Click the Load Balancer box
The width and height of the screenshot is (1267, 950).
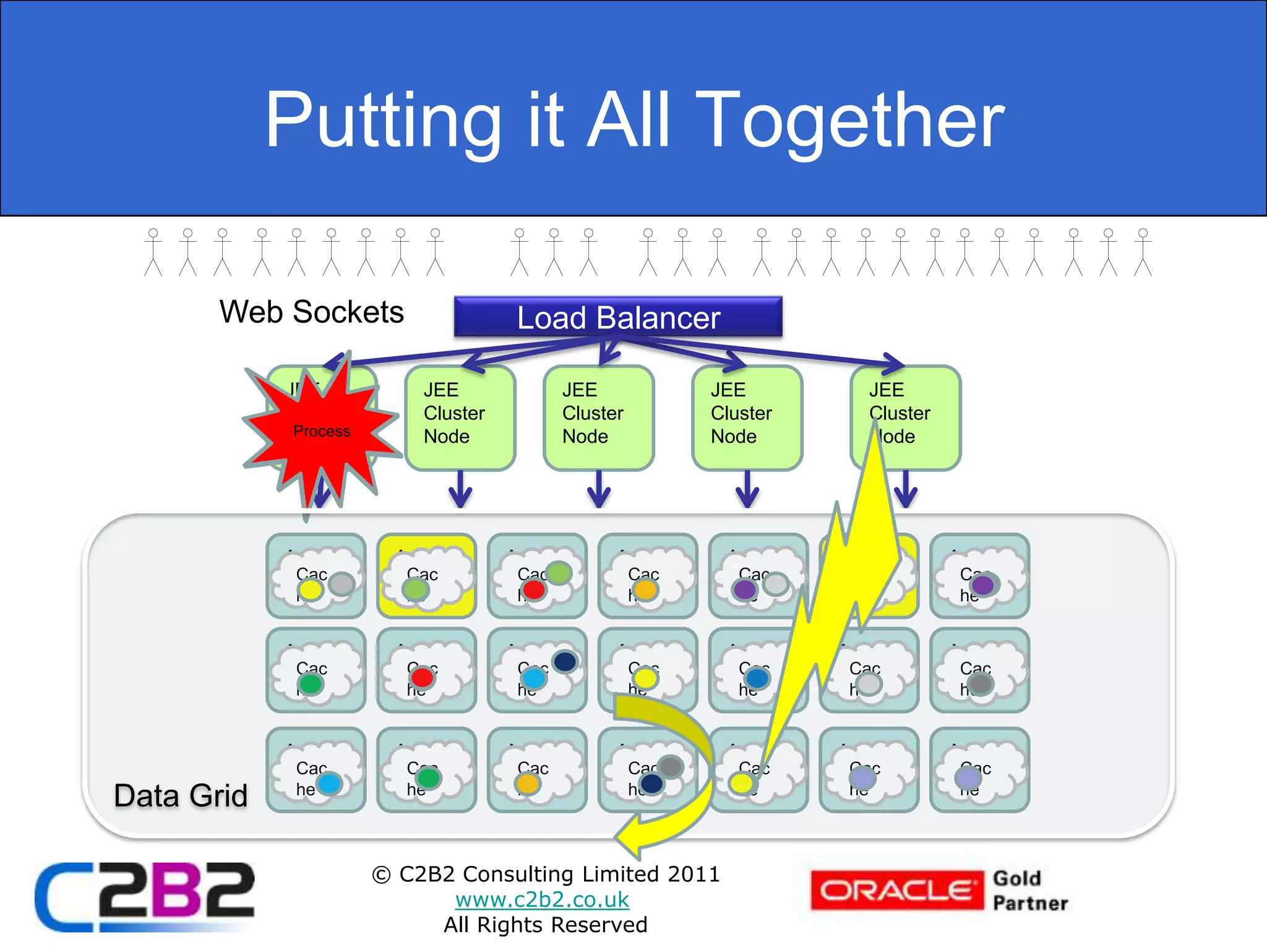tap(618, 317)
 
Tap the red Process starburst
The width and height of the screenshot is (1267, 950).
tap(321, 431)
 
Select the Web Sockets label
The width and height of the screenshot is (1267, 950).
tap(311, 312)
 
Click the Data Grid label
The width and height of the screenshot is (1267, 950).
tap(181, 795)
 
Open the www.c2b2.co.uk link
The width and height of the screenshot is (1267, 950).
tap(542, 899)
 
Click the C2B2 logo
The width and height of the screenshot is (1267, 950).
tap(145, 896)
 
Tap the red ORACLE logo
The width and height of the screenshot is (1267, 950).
tap(896, 891)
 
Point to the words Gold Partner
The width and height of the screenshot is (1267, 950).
tap(1030, 891)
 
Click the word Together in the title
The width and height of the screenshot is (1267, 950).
tap(854, 121)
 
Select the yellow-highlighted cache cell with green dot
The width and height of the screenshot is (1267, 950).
tap(427, 576)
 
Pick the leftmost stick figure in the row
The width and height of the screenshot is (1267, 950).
tap(153, 252)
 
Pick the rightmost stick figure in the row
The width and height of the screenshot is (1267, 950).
tap(1143, 252)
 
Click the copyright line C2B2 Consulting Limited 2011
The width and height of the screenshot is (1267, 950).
tap(546, 874)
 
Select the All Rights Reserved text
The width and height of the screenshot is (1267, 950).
tap(546, 925)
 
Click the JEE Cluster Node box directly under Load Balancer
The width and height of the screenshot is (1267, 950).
tap(599, 417)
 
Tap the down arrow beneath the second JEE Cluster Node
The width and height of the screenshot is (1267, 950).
tap(460, 490)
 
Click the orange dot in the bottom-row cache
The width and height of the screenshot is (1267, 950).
tap(528, 783)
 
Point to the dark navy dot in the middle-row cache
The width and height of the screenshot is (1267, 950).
tap(565, 662)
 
